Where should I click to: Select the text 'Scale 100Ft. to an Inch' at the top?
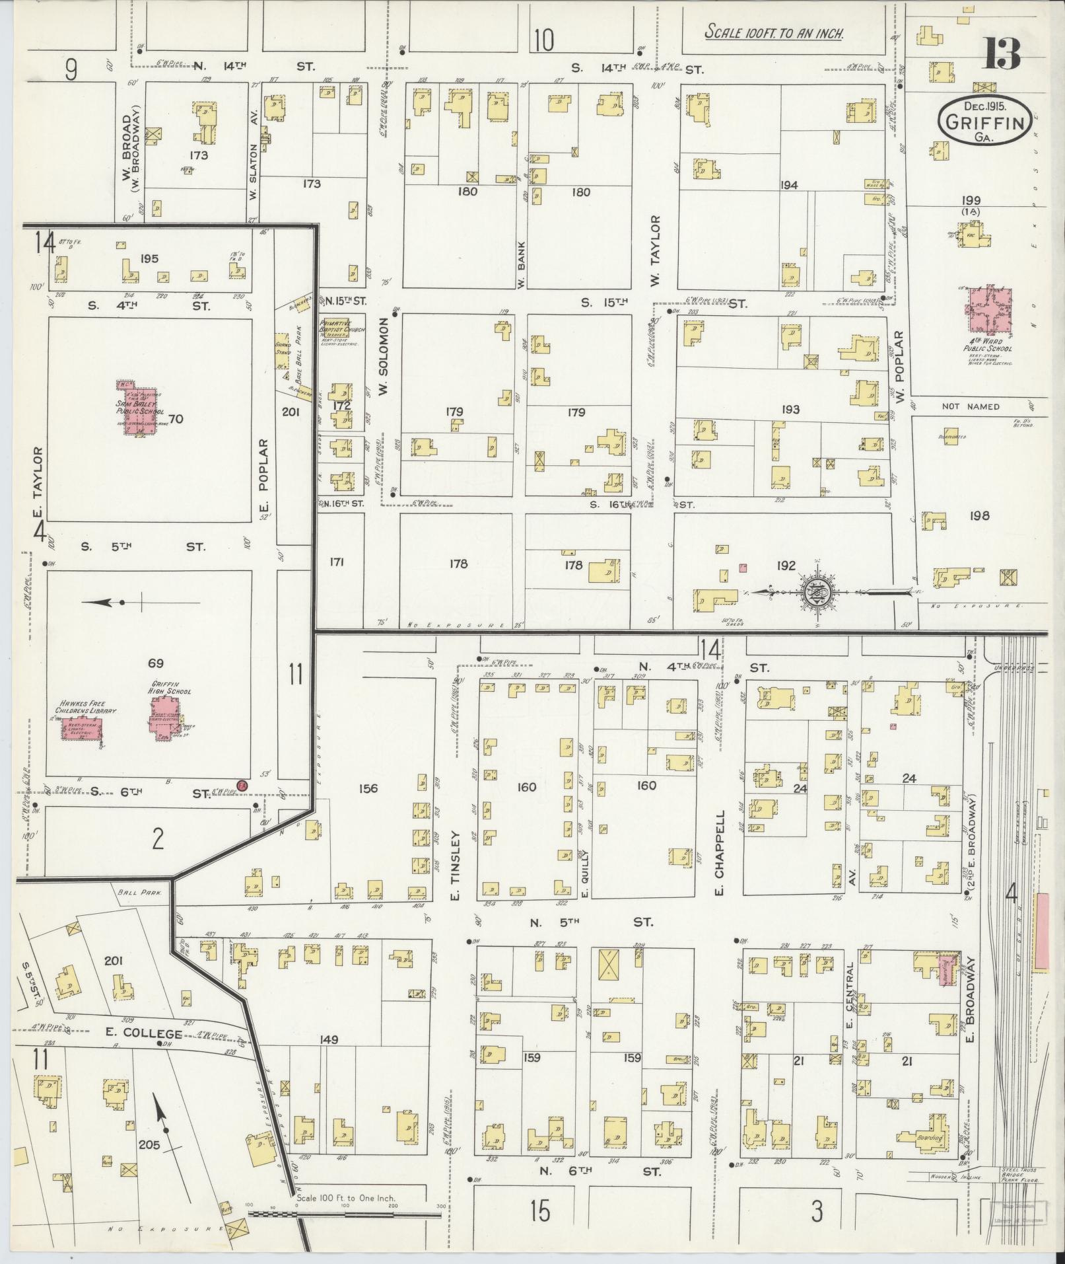point(774,32)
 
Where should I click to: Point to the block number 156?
point(368,788)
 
